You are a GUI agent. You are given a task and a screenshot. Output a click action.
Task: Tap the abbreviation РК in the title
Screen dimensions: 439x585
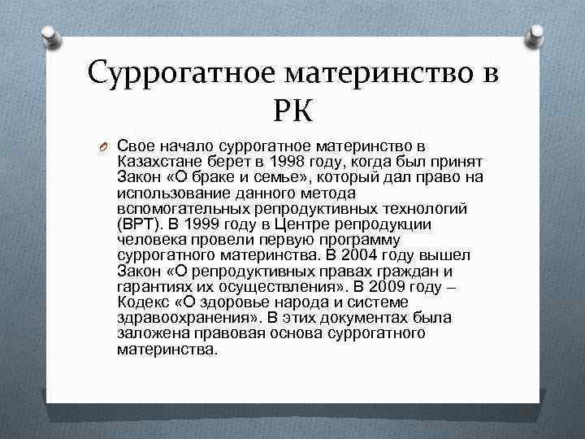click(292, 108)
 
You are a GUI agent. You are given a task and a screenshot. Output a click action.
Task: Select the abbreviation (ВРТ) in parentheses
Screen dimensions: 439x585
click(140, 224)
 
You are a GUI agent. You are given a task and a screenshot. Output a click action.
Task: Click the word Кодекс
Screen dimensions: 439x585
click(141, 302)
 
